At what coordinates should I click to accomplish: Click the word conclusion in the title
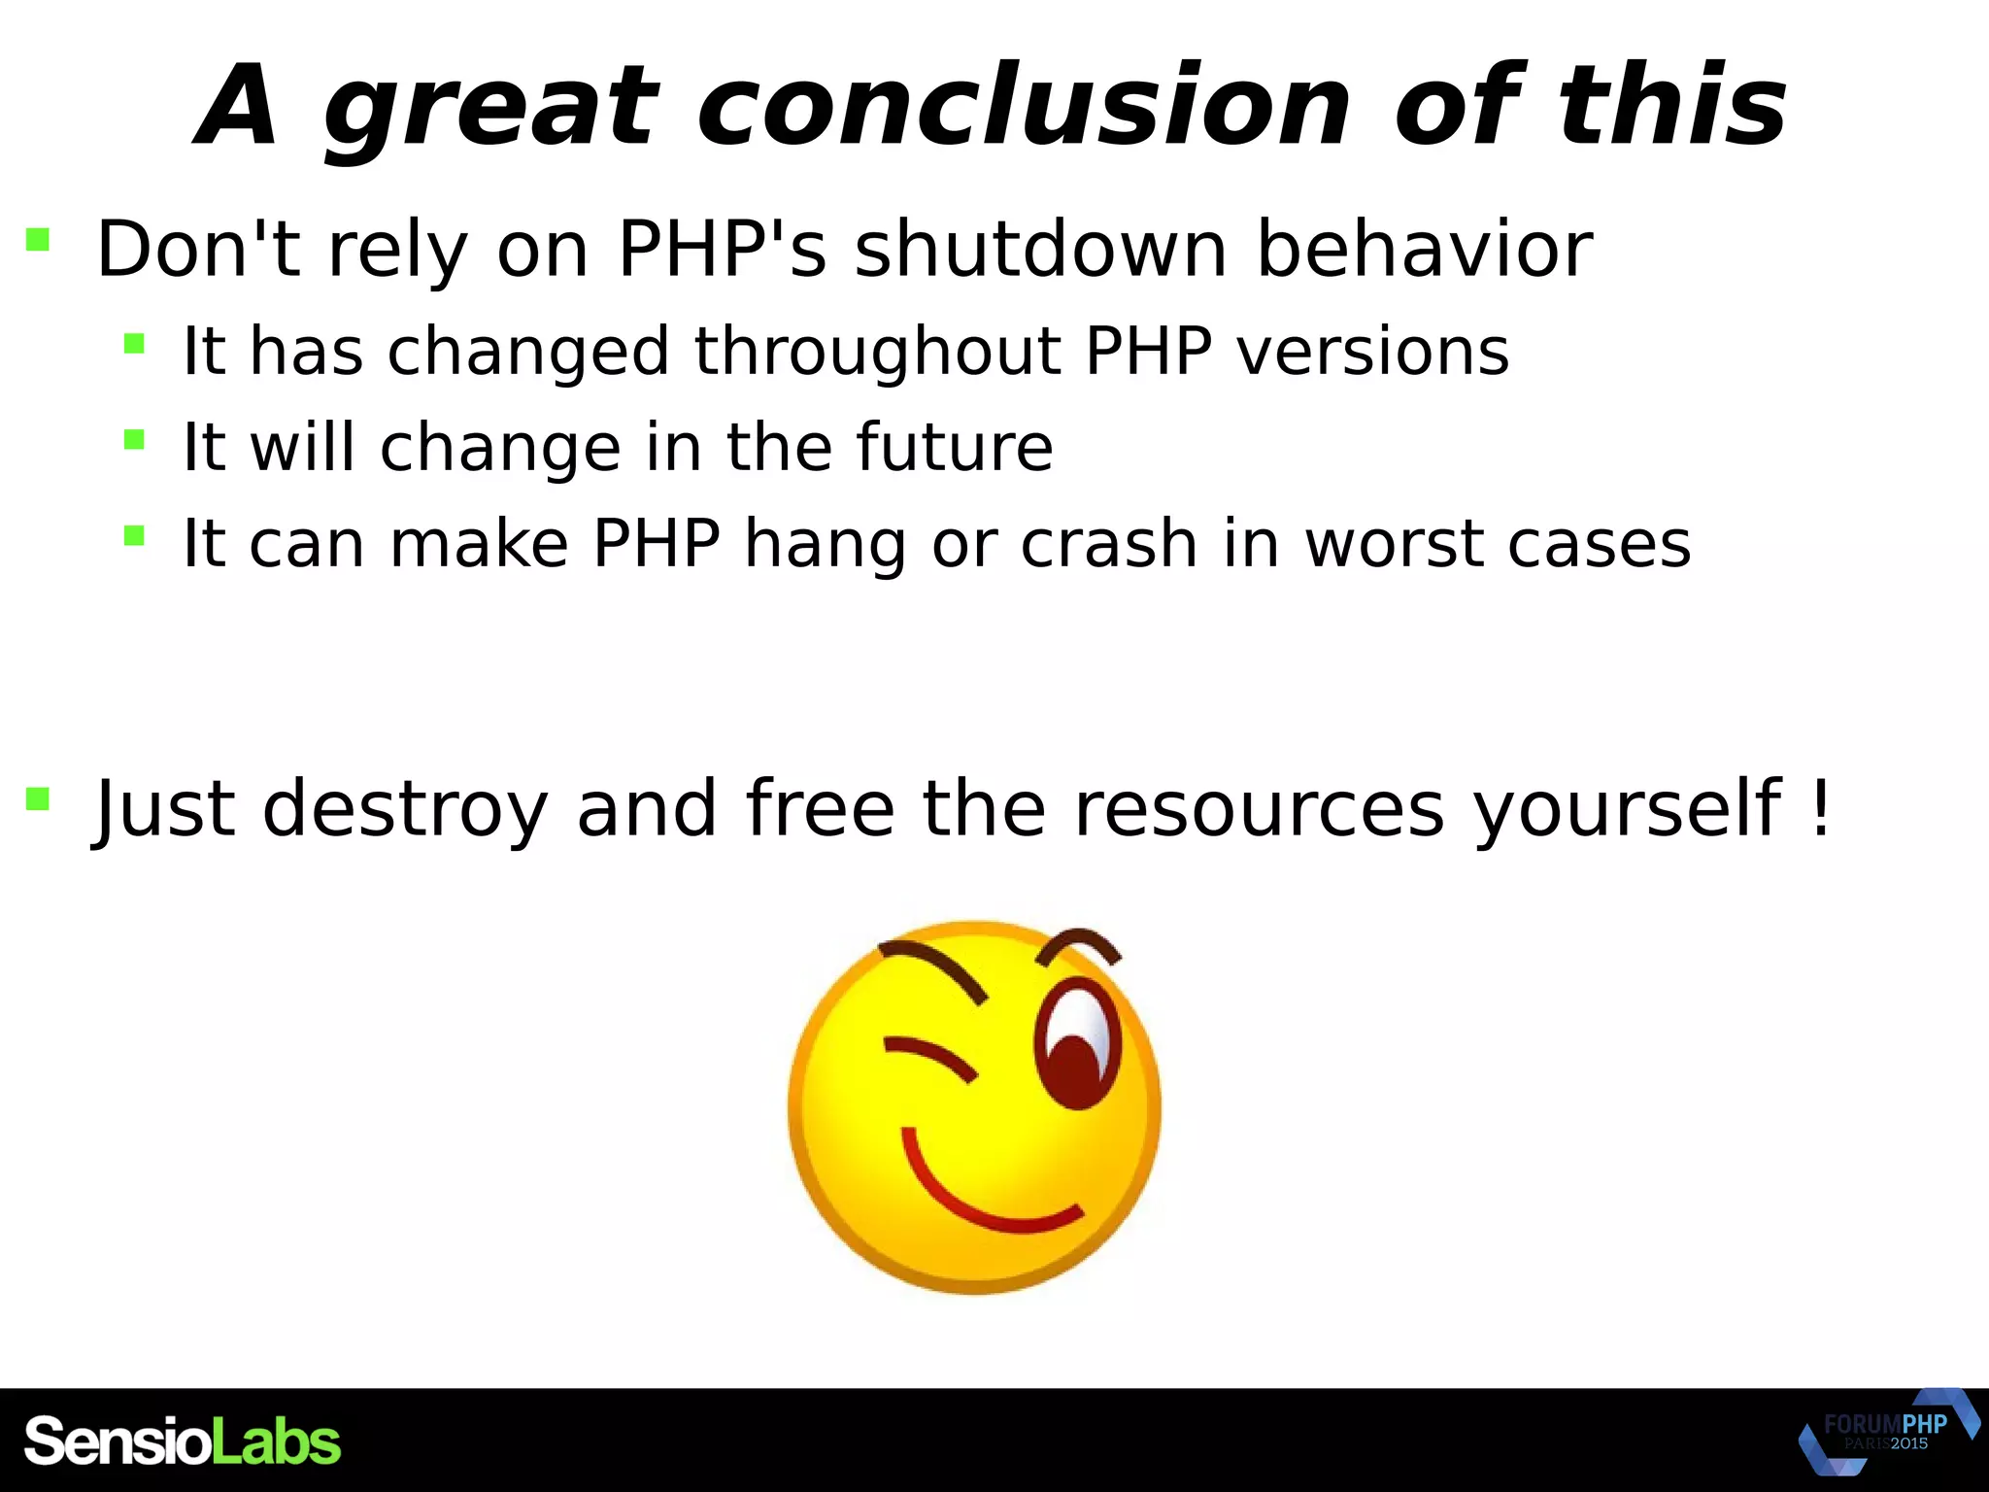pos(1024,106)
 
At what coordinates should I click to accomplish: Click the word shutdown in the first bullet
pos(1040,250)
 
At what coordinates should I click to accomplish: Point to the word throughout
pos(875,352)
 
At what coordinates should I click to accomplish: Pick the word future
pos(954,448)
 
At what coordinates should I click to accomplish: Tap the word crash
pos(1108,544)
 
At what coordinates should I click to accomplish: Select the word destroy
pos(405,809)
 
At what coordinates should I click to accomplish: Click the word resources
pos(1259,809)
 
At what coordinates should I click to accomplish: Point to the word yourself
pos(1628,809)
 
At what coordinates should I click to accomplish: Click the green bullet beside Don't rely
pos(38,239)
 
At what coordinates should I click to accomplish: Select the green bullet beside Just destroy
pos(38,798)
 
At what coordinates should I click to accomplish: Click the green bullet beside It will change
pos(134,440)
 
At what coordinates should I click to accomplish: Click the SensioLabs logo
pos(183,1441)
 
